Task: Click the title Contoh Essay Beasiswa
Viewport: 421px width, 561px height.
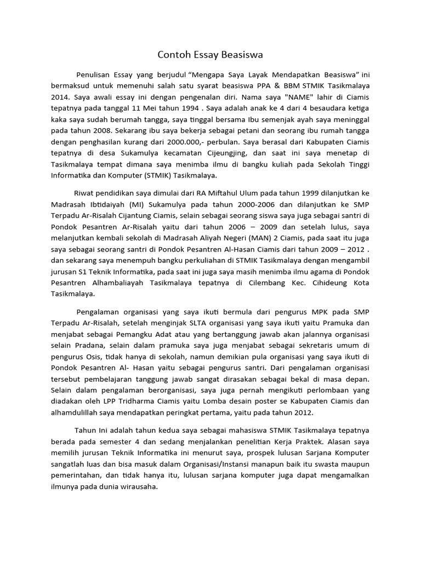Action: coord(210,55)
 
